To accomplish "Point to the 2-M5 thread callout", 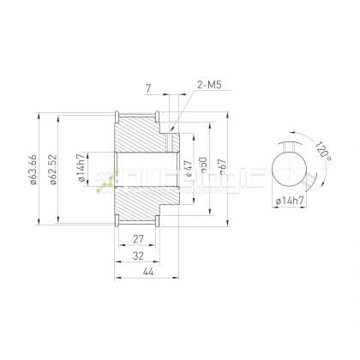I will pos(209,87).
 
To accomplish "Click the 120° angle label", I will pos(321,151).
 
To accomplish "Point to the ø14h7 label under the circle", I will pos(291,200).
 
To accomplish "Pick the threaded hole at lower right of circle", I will pos(306,178).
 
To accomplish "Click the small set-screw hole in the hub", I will pos(171,137).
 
